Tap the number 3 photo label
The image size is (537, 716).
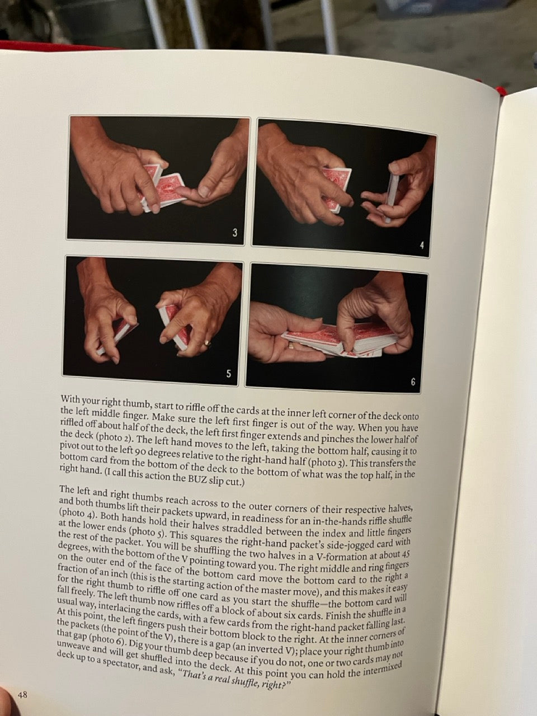pos(235,233)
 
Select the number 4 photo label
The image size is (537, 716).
pos(422,246)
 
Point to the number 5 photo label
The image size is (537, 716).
pos(229,374)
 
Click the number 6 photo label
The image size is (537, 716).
pos(413,381)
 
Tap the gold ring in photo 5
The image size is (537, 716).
pos(208,342)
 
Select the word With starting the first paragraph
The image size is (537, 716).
pos(70,399)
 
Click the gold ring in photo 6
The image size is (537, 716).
pos(291,346)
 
